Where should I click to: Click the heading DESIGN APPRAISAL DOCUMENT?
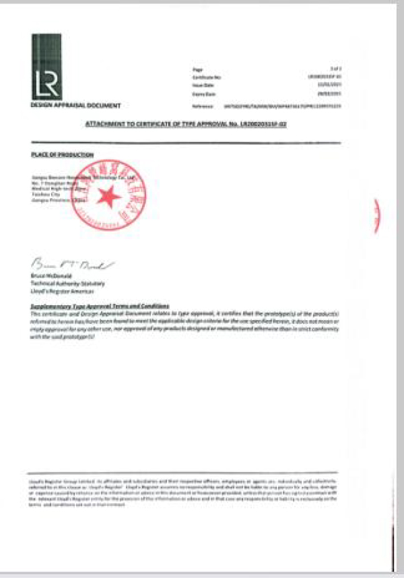coord(76,106)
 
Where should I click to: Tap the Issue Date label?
coord(201,86)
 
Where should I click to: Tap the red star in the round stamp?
coord(108,196)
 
